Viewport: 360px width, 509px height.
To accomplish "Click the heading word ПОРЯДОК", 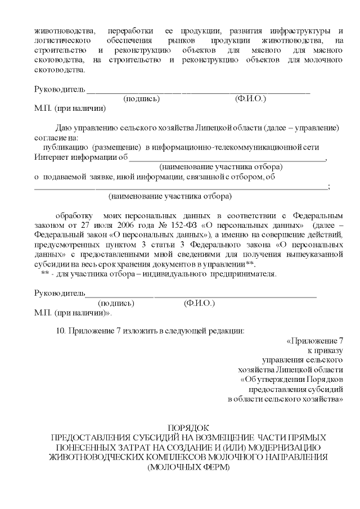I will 188,428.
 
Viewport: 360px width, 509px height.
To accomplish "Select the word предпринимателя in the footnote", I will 244,274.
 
